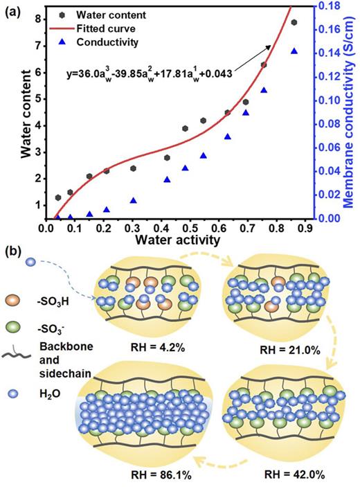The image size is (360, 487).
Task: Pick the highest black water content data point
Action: point(294,23)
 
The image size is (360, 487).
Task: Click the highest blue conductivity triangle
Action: point(294,51)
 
